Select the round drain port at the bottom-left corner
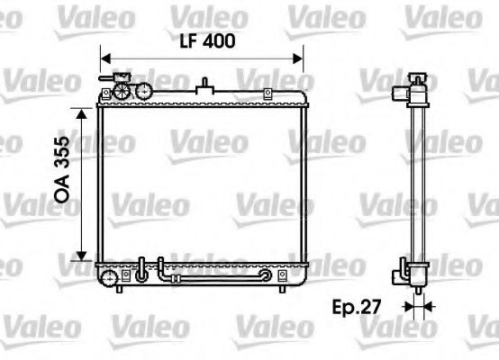pyautogui.click(x=110, y=277)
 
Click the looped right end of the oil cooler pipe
pyautogui.click(x=267, y=275)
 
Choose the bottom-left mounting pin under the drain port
pyautogui.click(x=120, y=290)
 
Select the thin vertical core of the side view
pyautogui.click(x=417, y=180)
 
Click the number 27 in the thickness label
pyautogui.click(x=369, y=308)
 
